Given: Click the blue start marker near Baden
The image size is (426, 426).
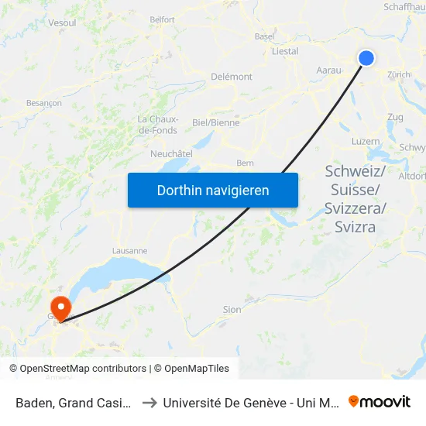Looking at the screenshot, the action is (x=366, y=58).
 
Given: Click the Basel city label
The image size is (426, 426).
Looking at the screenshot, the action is (x=265, y=36).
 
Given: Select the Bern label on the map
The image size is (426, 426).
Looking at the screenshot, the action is (x=245, y=163).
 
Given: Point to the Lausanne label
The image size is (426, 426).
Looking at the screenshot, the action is (x=129, y=251).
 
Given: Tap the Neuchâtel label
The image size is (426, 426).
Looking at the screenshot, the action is (x=171, y=153).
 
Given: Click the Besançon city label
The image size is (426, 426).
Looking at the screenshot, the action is (x=44, y=102).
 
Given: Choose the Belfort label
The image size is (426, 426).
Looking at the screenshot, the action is (x=162, y=19).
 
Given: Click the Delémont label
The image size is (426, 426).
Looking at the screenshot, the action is (x=232, y=77).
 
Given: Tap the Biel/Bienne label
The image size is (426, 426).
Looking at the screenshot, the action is (x=215, y=122).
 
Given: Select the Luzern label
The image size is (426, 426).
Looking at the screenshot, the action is (x=366, y=142).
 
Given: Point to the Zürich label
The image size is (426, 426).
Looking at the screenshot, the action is (x=399, y=74).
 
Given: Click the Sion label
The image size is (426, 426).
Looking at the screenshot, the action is (x=232, y=309).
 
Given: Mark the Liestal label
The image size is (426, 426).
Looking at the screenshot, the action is (x=285, y=51).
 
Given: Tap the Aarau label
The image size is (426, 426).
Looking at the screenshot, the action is (x=329, y=70).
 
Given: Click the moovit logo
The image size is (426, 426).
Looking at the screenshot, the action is (x=380, y=401).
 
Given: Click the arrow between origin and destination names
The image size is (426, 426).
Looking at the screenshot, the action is (x=149, y=402).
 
